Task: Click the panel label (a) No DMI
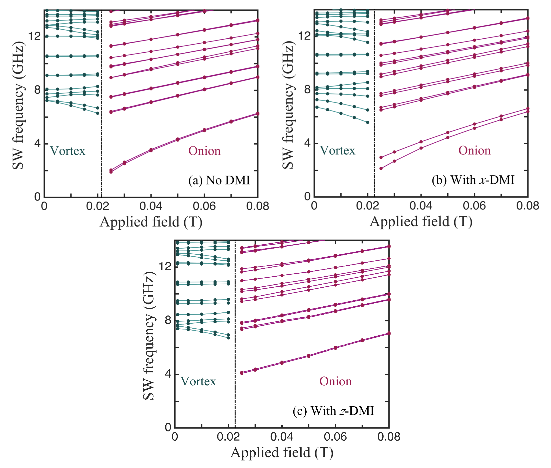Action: pyautogui.click(x=219, y=180)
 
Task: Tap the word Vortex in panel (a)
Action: pyautogui.click(x=68, y=151)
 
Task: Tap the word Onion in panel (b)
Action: pyautogui.click(x=474, y=150)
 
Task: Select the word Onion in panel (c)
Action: pyautogui.click(x=335, y=381)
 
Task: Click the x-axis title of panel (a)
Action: pyautogui.click(x=151, y=222)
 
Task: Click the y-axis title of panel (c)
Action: pyautogui.click(x=149, y=336)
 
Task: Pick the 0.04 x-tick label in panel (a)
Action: pyautogui.click(x=151, y=206)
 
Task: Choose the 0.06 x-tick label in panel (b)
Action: pyautogui.click(x=474, y=206)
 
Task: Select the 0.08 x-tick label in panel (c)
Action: pyautogui.click(x=389, y=437)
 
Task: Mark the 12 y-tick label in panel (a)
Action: pyautogui.click(x=34, y=36)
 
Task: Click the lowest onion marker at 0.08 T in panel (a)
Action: pyautogui.click(x=257, y=114)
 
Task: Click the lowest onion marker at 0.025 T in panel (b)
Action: pyautogui.click(x=381, y=169)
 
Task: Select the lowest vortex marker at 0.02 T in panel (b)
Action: pyautogui.click(x=368, y=122)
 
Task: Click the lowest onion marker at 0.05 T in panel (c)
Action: pyautogui.click(x=308, y=356)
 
